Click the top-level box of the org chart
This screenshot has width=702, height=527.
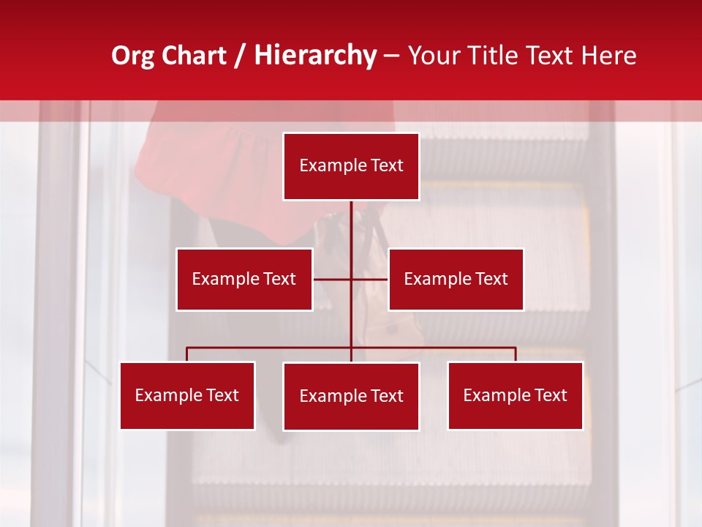[x=351, y=166]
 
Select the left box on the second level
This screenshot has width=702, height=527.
[x=244, y=279]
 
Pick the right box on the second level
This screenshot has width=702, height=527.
[x=456, y=279]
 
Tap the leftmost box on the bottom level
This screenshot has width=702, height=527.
[x=187, y=395]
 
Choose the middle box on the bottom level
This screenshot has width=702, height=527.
[x=351, y=396]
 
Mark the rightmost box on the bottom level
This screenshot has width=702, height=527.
[x=515, y=395]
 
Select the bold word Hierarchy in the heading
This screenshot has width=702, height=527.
[x=315, y=56]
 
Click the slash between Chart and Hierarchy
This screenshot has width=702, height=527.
[x=240, y=56]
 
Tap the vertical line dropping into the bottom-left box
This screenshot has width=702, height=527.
[x=187, y=354]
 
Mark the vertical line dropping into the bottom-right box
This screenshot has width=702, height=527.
[x=516, y=354]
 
